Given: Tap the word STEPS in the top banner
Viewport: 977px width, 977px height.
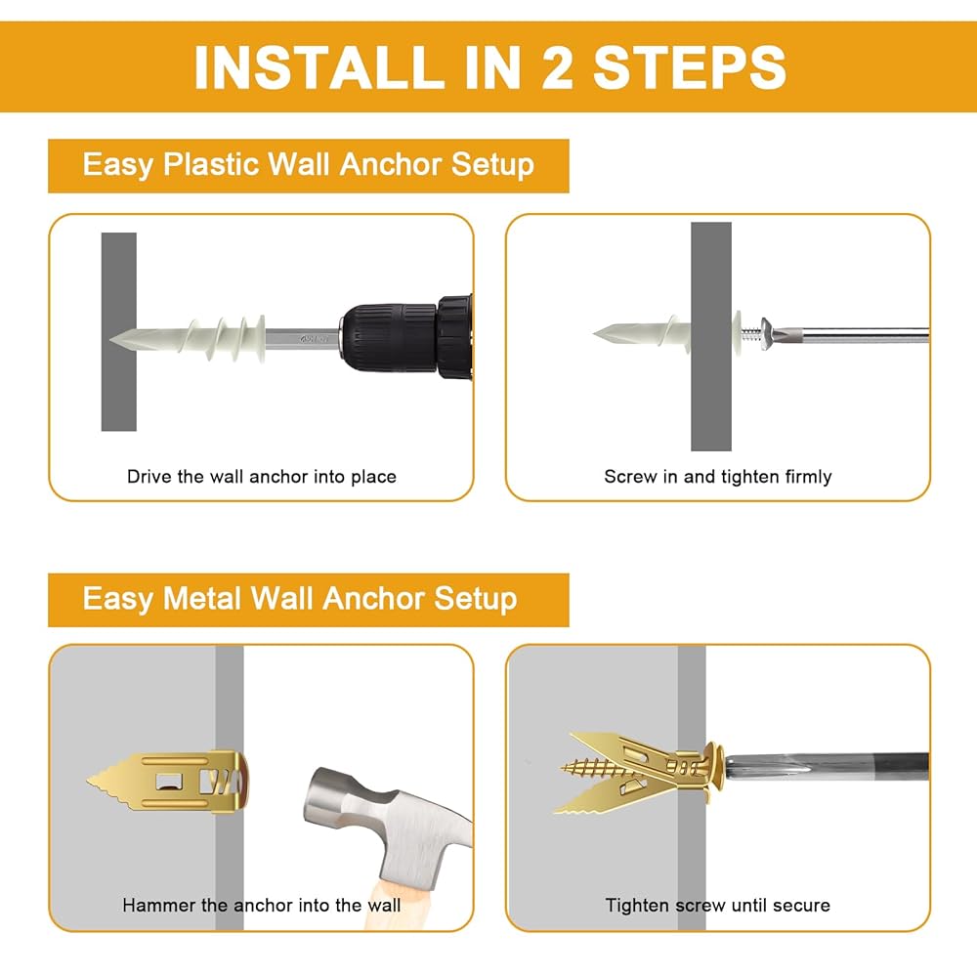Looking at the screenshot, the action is tap(689, 67).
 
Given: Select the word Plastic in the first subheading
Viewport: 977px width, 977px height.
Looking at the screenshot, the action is tap(210, 164).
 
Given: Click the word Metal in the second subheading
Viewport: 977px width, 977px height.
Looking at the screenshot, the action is tap(201, 599).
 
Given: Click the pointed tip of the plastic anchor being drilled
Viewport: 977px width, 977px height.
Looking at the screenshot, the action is tap(111, 340).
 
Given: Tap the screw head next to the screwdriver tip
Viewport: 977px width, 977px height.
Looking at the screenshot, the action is tap(768, 334).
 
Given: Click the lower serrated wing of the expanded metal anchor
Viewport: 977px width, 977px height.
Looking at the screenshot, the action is tap(614, 796).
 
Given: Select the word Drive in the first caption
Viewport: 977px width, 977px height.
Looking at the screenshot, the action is tap(149, 477).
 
